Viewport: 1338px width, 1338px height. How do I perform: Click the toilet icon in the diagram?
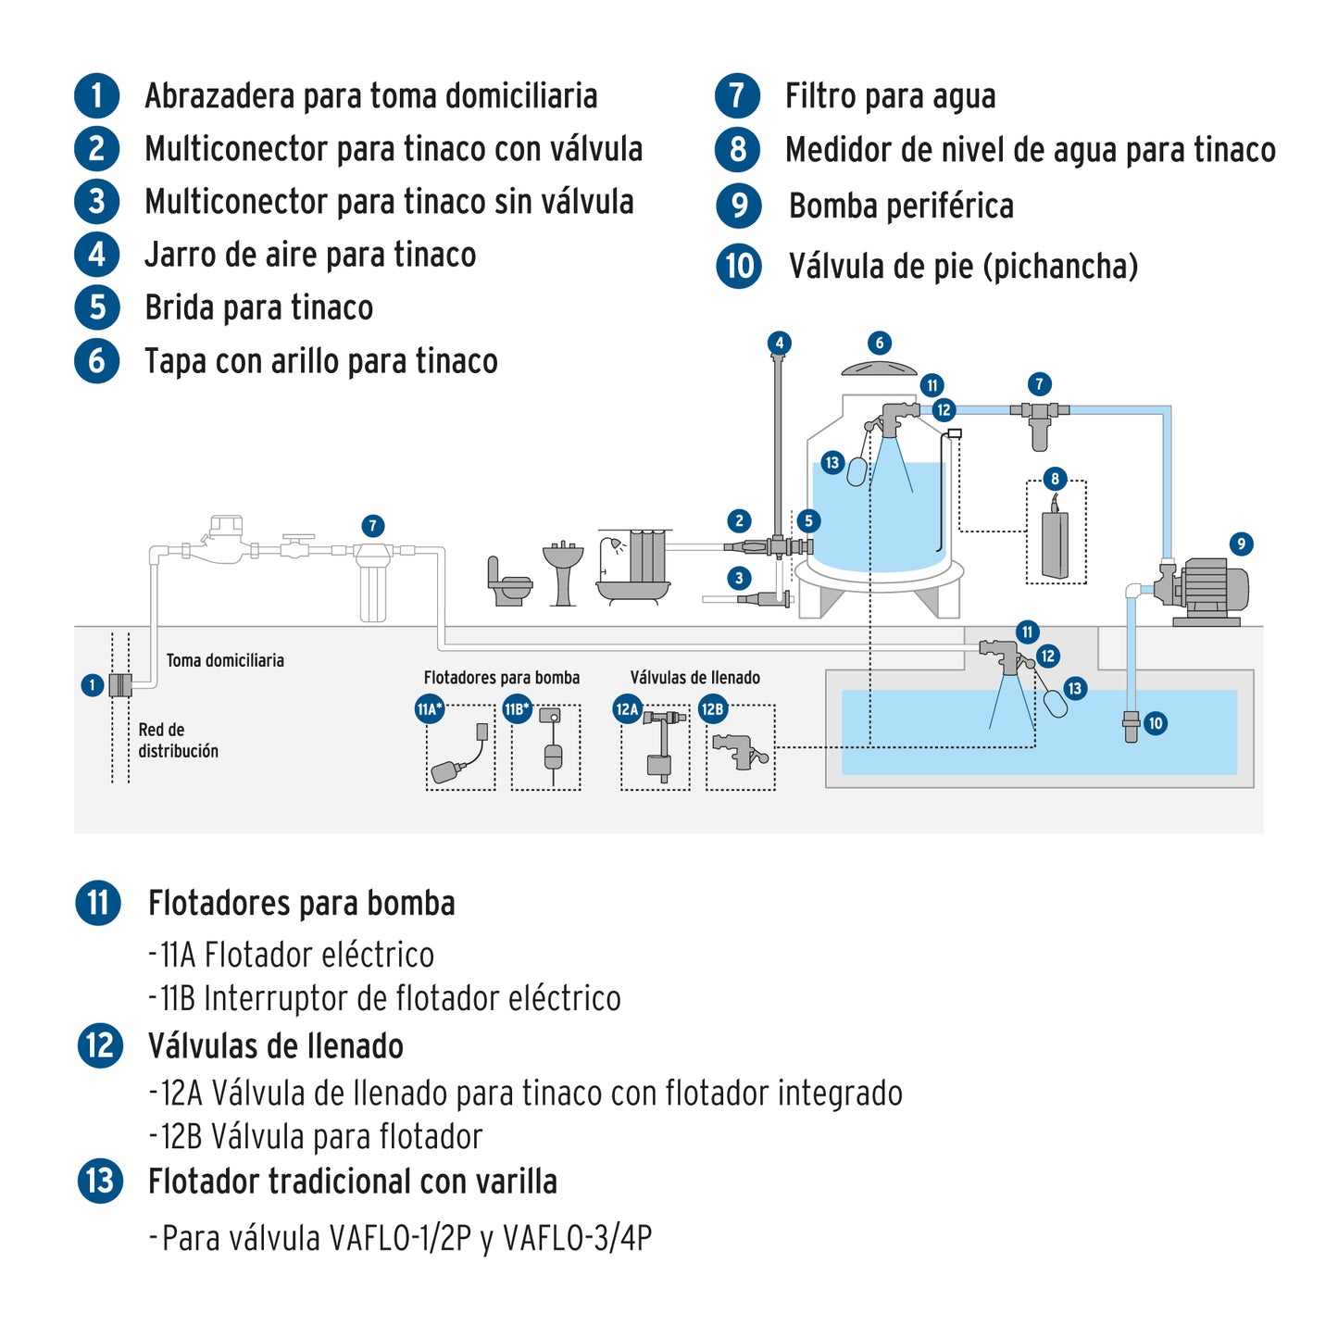pyautogui.click(x=508, y=583)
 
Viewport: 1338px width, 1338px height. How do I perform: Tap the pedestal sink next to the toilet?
pyautogui.click(x=563, y=573)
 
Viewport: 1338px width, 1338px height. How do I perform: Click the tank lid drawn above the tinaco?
pyautogui.click(x=879, y=368)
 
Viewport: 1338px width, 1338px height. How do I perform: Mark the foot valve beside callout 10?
pyautogui.click(x=1131, y=725)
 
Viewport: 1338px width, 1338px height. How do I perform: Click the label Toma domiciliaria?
pyautogui.click(x=225, y=660)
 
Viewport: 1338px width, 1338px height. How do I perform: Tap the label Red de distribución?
pyautogui.click(x=178, y=740)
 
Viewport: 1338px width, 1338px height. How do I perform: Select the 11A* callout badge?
pyautogui.click(x=429, y=709)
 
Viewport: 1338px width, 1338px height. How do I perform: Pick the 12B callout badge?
pyautogui.click(x=711, y=709)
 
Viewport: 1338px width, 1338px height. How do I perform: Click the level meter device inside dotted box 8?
pyautogui.click(x=1055, y=543)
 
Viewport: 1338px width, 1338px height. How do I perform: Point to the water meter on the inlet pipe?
pyautogui.click(x=220, y=541)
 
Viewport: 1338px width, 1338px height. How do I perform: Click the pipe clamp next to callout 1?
pyautogui.click(x=120, y=685)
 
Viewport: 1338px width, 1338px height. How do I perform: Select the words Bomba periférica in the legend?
pyautogui.click(x=901, y=206)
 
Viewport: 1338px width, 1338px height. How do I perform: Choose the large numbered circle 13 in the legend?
pyautogui.click(x=100, y=1182)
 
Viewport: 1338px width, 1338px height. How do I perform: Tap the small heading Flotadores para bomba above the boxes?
pyautogui.click(x=501, y=678)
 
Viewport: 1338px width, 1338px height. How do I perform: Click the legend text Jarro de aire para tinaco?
pyautogui.click(x=310, y=255)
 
